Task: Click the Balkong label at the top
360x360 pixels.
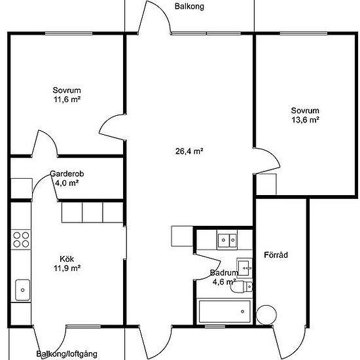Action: pos(189,7)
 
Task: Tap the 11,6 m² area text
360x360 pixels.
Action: pos(67,99)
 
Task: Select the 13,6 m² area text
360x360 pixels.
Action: pos(306,120)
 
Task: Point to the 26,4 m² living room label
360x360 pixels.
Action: pos(189,151)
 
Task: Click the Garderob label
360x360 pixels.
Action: pos(67,174)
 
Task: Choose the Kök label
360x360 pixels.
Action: pos(67,259)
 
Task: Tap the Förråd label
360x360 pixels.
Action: pos(276,255)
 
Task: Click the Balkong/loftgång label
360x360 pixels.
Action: pos(67,354)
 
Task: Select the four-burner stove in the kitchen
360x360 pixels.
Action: pos(21,240)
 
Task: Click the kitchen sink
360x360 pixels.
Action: pos(22,290)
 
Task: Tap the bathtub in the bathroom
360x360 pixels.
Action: pos(225,312)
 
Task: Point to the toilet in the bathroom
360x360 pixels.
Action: pos(242,287)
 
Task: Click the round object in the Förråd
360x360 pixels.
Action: pos(266,315)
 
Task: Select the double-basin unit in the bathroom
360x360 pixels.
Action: pos(227,240)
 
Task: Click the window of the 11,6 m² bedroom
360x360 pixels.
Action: pos(69,33)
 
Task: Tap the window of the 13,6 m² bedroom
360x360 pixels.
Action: pos(304,33)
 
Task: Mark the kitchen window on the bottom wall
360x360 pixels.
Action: pos(83,327)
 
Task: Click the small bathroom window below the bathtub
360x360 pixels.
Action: pos(215,327)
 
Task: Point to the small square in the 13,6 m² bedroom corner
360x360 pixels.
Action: pos(266,184)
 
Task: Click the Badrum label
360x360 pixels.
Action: pos(224,273)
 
